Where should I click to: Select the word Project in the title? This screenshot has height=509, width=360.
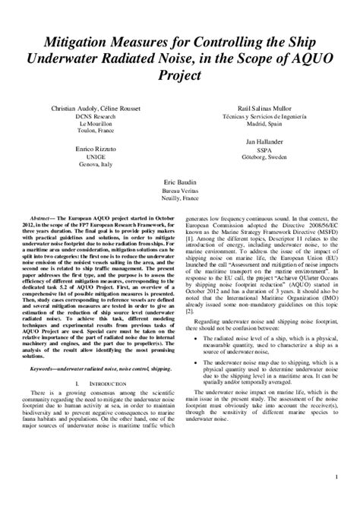(180, 76)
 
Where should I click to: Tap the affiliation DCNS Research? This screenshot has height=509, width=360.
(93, 118)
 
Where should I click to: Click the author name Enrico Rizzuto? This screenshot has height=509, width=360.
(93, 153)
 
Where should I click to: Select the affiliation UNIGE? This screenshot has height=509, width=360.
(93, 161)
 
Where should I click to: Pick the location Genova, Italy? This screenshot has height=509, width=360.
(93, 169)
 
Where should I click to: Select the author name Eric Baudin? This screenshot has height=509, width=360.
(179, 184)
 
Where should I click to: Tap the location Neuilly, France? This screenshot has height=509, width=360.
(179, 201)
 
